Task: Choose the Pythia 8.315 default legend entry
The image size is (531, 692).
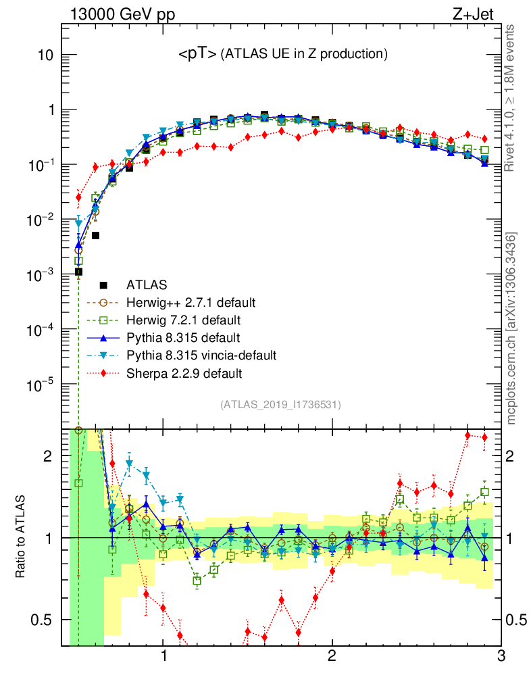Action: click(x=183, y=337)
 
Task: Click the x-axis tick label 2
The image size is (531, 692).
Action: click(x=332, y=657)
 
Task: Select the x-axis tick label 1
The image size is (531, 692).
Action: click(x=163, y=657)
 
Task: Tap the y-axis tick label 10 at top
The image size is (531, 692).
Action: click(x=45, y=55)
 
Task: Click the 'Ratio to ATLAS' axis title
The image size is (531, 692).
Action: click(x=22, y=538)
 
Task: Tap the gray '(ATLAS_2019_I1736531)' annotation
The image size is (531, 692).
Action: click(x=280, y=405)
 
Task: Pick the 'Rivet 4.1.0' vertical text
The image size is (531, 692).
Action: click(x=512, y=98)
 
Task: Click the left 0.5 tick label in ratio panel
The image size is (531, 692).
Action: click(x=47, y=620)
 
